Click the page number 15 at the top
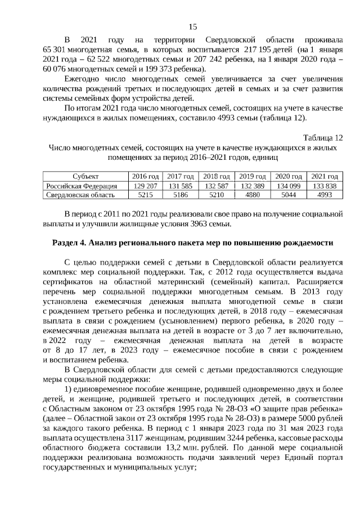[192, 26]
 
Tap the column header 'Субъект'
[85, 176]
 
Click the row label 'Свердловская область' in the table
[80, 195]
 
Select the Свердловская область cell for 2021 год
[325, 195]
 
